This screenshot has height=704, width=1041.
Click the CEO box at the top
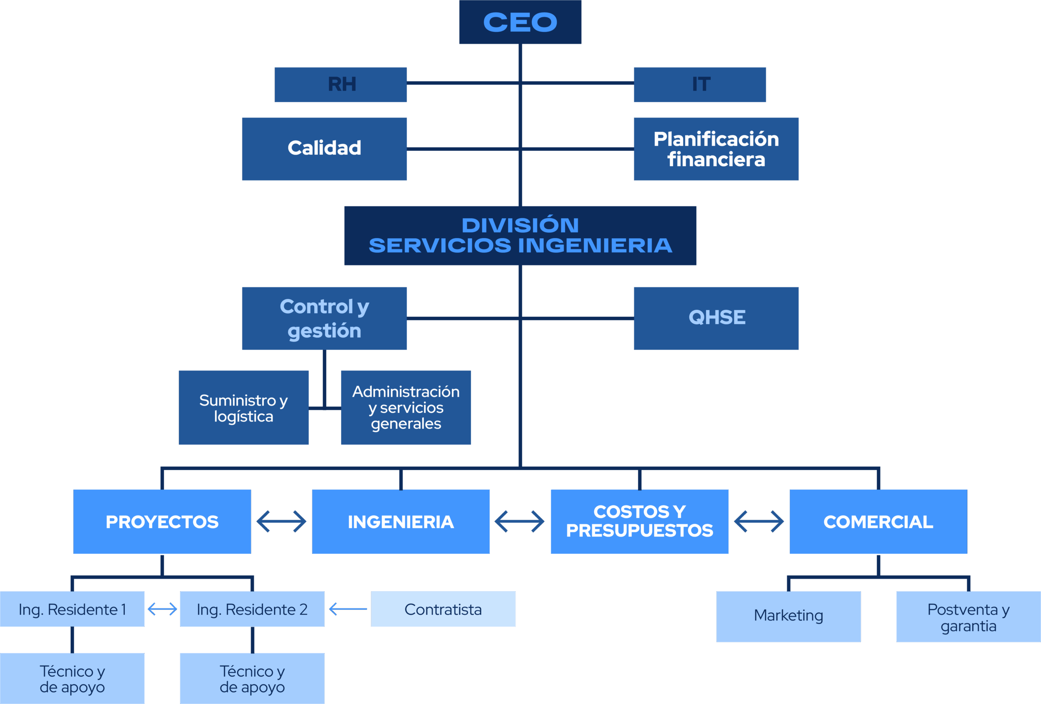pos(520,22)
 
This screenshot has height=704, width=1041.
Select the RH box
pos(340,85)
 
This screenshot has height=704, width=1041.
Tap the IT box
pos(699,85)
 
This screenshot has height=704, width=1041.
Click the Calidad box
pos(324,149)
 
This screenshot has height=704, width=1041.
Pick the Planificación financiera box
pos(716,149)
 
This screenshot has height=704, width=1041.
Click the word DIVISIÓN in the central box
pos(520,225)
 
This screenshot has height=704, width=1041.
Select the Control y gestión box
pos(324,318)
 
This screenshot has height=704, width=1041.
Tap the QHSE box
pos(716,318)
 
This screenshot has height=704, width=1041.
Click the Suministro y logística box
pos(244,408)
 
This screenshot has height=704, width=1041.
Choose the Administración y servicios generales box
pos(406,408)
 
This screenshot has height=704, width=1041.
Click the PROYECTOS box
pos(162,522)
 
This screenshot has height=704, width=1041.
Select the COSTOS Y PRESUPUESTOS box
pos(639,522)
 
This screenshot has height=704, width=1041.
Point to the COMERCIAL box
pos(878,522)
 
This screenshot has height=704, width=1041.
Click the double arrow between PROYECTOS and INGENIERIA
pos(281,522)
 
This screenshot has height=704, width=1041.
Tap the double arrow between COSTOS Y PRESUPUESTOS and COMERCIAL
pos(759,522)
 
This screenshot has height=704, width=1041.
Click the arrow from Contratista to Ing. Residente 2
pos(348,609)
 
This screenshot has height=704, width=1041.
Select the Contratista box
pos(443,609)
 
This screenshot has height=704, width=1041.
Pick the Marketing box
pos(788,616)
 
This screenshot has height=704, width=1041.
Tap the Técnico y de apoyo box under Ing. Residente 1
pos(72,678)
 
